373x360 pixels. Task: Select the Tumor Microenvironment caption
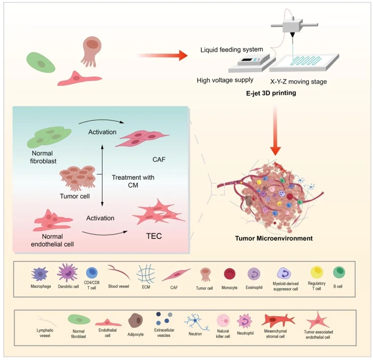pos(274,238)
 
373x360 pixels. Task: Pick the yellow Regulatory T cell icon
pos(317,273)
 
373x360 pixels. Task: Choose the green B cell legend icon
pos(339,273)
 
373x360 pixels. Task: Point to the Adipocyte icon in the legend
pos(136,321)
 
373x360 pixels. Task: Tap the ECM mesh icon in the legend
pos(143,273)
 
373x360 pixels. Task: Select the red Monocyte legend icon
pos(230,274)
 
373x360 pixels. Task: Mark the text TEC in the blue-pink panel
pos(154,236)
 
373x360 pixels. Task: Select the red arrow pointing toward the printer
pos(162,56)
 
